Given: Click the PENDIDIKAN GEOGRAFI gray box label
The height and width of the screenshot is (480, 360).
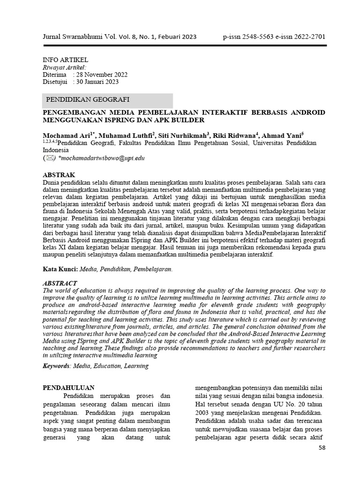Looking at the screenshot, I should coord(88,100).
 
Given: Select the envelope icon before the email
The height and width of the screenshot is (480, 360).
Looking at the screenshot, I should coord(49,158).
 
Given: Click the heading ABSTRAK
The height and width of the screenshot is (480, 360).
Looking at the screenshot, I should coord(59,174).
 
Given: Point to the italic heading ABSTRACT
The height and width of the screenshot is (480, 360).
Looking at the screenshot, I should coord(60,284).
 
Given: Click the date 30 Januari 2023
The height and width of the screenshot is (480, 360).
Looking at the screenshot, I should coord(97,82).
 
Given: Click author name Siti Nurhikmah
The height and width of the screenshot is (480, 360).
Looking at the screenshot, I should coord(183,135).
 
